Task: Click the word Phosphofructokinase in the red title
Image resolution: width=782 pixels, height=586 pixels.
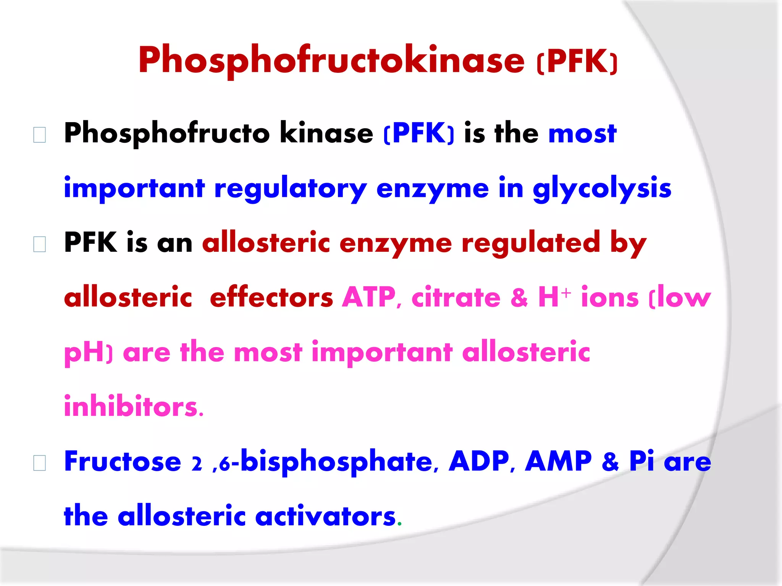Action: click(331, 60)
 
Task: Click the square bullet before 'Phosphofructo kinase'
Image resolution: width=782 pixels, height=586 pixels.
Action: click(40, 135)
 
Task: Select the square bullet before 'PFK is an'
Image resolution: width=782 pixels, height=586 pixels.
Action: click(40, 244)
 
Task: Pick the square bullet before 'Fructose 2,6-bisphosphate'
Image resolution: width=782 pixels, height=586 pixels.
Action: click(40, 463)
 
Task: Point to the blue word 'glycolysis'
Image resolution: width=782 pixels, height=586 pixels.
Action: click(602, 188)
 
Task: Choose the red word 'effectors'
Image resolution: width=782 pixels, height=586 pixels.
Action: click(271, 298)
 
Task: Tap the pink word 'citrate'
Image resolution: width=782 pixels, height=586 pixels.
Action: click(456, 298)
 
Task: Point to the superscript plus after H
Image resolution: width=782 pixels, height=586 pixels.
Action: click(566, 293)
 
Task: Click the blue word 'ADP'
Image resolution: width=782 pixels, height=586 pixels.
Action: click(479, 461)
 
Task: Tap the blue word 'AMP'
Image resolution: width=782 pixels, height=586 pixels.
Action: click(558, 461)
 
